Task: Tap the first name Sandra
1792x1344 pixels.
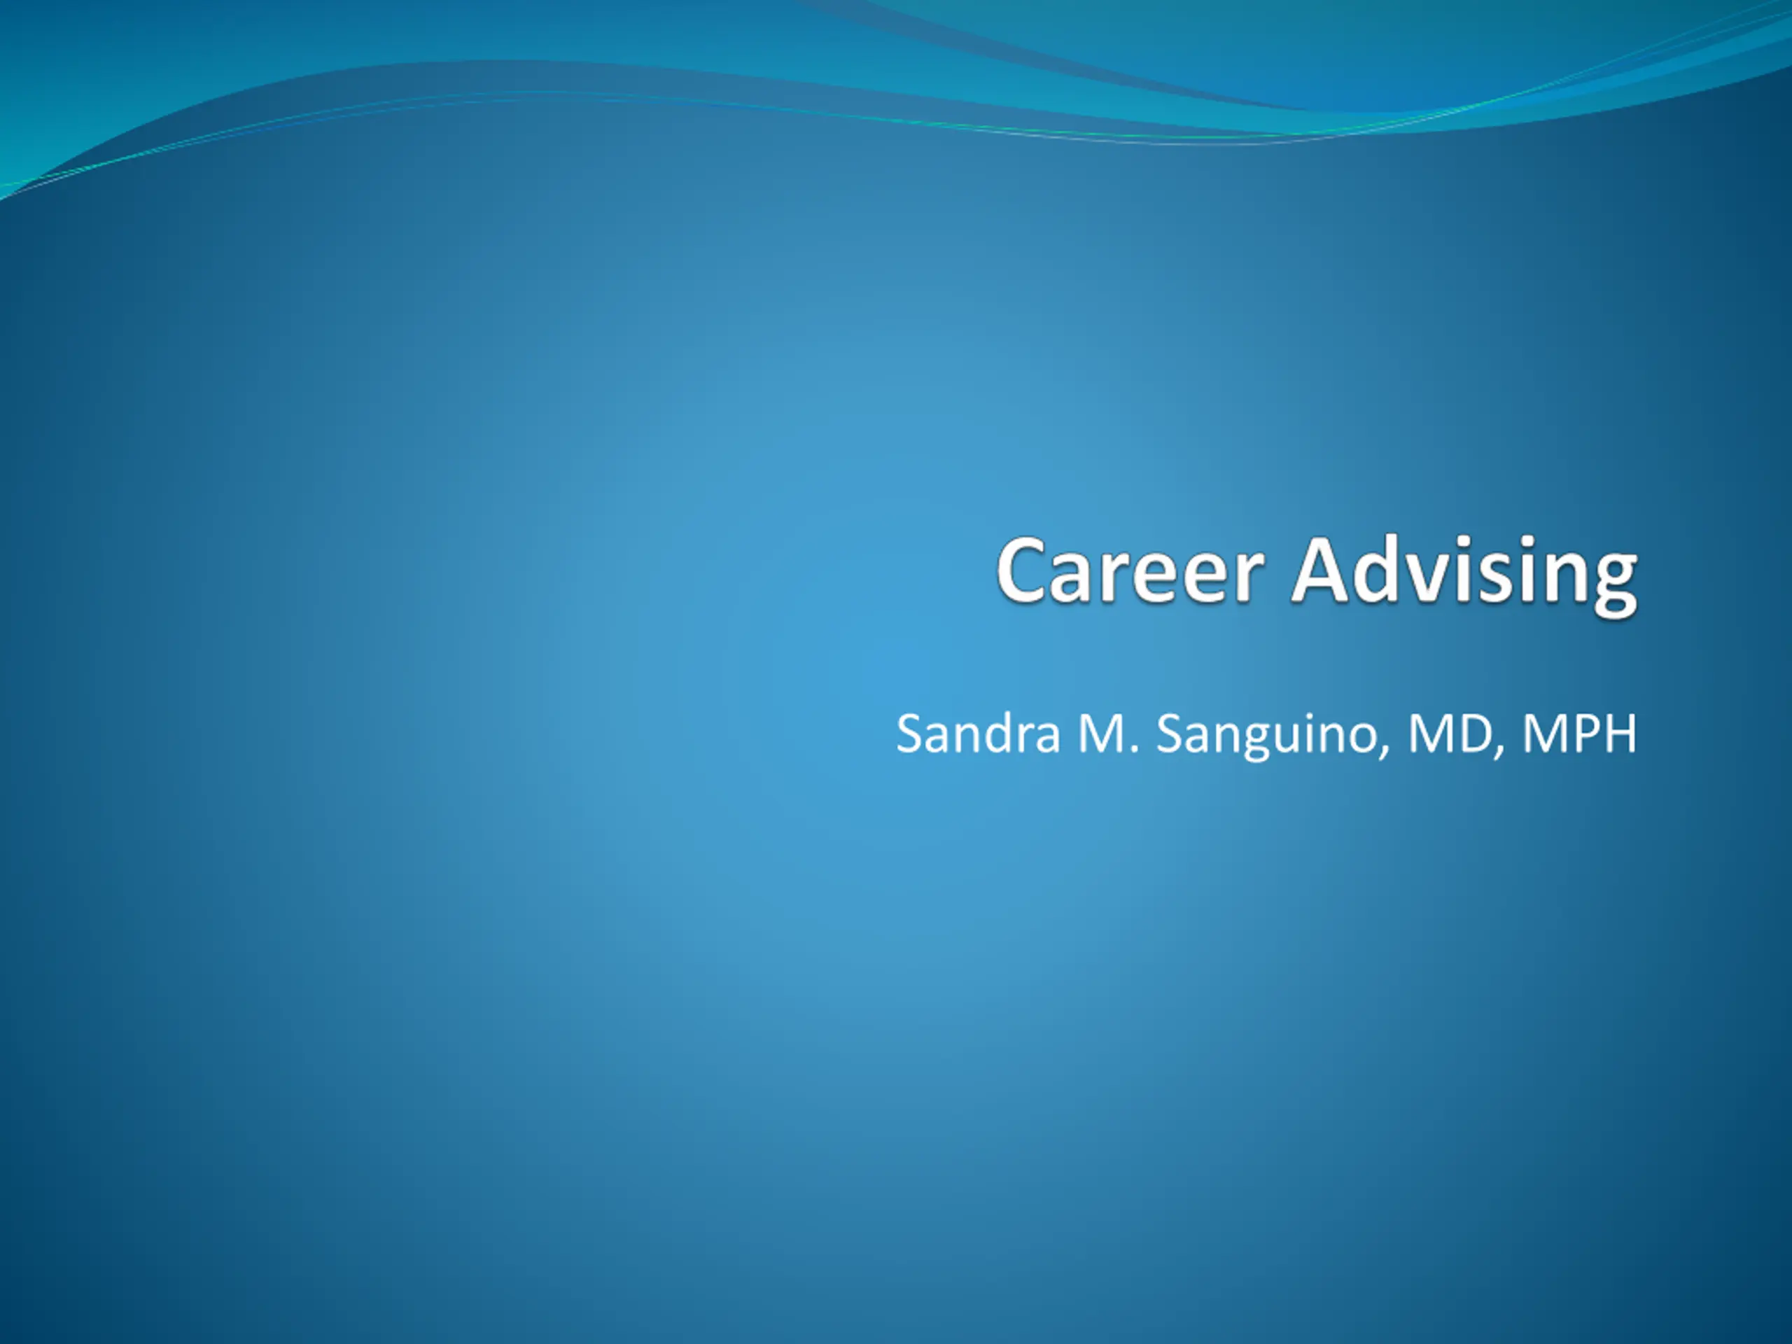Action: pos(978,733)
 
